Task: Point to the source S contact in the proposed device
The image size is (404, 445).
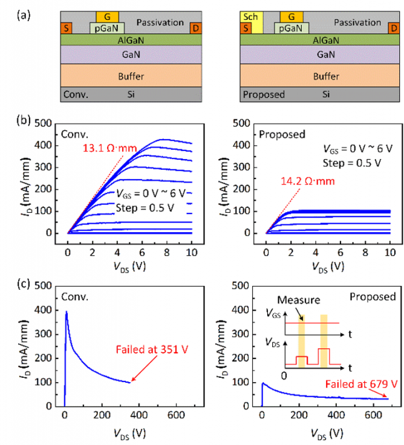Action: (x=245, y=28)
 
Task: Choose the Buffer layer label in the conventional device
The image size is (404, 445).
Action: (x=131, y=76)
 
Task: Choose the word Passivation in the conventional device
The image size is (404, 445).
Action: (x=160, y=23)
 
